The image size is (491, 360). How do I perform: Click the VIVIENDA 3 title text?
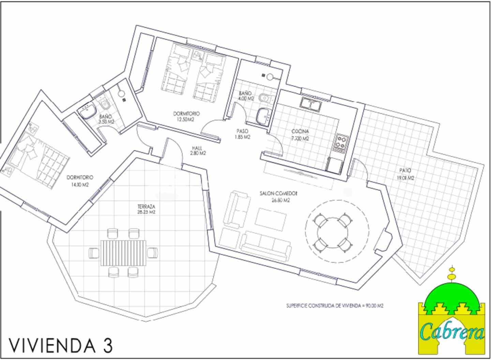pyautogui.click(x=61, y=345)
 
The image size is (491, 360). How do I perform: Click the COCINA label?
pyautogui.click(x=300, y=131)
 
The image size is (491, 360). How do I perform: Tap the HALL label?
pyautogui.click(x=197, y=148)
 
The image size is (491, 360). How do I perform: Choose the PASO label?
pyautogui.click(x=242, y=131)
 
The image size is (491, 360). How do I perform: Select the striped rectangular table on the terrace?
pyautogui.click(x=124, y=253)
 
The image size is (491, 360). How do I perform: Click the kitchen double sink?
pyautogui.click(x=310, y=104)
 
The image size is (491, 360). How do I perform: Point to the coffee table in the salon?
pyautogui.click(x=271, y=220)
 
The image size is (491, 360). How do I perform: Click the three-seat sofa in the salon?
pyautogui.click(x=266, y=245)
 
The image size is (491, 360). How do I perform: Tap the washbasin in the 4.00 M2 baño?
pyautogui.click(x=263, y=116)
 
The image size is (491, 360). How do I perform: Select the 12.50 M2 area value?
pyautogui.click(x=186, y=120)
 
